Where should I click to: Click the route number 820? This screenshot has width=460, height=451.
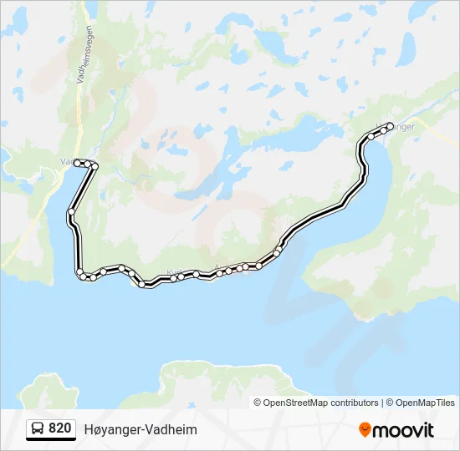tap(59, 428)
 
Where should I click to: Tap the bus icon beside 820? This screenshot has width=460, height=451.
tap(38, 429)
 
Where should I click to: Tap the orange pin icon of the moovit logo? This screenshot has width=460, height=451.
tap(365, 430)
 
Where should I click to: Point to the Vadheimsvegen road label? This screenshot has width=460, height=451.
tap(87, 50)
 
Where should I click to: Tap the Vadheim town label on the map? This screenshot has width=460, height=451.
tap(67, 162)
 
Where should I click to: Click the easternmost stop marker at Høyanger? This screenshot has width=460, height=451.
tap(391, 127)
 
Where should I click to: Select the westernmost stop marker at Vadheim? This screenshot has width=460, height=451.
tap(78, 163)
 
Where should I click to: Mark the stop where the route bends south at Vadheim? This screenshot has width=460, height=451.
tap(95, 167)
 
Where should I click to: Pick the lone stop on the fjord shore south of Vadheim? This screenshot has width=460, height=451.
tap(72, 213)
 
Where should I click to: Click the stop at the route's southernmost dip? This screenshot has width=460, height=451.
tap(142, 285)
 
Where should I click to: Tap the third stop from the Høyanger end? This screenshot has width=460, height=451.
tap(371, 136)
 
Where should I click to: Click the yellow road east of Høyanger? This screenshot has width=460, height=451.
tap(436, 134)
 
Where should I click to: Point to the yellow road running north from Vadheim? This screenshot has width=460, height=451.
tap(81, 109)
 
